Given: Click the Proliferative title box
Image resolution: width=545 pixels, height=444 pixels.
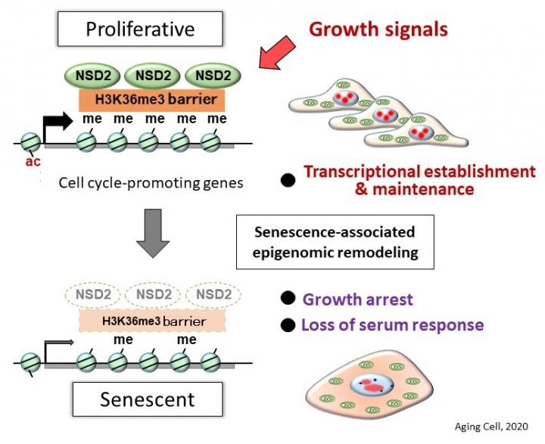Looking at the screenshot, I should click(x=140, y=29).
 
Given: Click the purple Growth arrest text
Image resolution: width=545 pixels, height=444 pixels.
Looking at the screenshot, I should click(x=357, y=300).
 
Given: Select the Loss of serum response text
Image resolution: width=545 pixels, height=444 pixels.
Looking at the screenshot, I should click(x=392, y=325).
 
